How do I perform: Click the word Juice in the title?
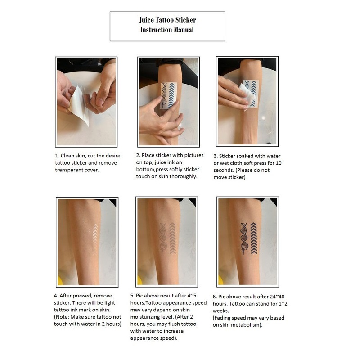pyautogui.click(x=146, y=20)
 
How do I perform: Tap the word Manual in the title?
pyautogui.click(x=184, y=30)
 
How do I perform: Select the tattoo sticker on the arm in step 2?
pyautogui.click(x=169, y=95)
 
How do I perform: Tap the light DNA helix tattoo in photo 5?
pyautogui.click(x=163, y=238)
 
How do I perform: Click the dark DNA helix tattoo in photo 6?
pyautogui.click(x=244, y=238)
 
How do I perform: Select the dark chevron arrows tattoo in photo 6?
pyautogui.click(x=254, y=238)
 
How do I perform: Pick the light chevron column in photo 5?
pyautogui.click(x=172, y=238)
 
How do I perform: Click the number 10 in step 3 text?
pyautogui.click(x=279, y=163)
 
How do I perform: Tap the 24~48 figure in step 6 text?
pyautogui.click(x=277, y=297)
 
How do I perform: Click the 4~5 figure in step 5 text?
pyautogui.click(x=192, y=296)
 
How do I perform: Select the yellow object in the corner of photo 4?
pyautogui.click(x=60, y=280)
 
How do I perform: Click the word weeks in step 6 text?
pyautogui.click(x=220, y=311)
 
